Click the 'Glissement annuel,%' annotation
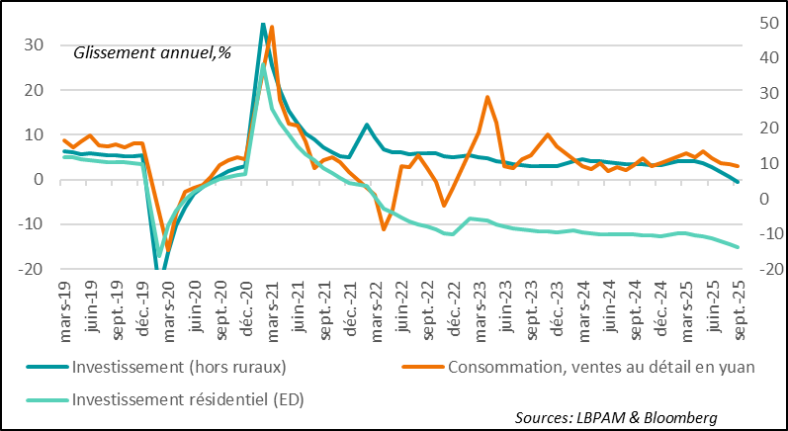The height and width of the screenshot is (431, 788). point(152,52)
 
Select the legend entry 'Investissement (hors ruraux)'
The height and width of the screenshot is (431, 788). point(178,368)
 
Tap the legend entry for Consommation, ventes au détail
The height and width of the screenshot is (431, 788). point(601,368)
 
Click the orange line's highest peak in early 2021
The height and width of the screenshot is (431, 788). point(271,27)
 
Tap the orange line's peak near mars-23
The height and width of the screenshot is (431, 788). point(487,97)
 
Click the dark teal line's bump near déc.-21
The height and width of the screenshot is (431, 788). point(367,125)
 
